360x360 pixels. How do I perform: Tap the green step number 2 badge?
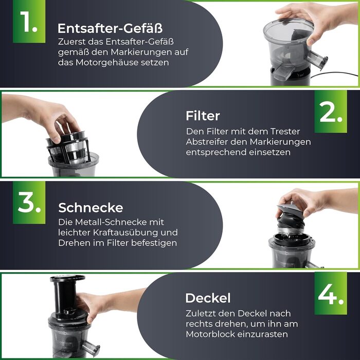331,113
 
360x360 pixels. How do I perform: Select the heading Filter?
203,115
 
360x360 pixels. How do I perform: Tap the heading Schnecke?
91,208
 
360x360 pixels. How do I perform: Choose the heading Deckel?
208,298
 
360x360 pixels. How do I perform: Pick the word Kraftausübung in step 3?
124,232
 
